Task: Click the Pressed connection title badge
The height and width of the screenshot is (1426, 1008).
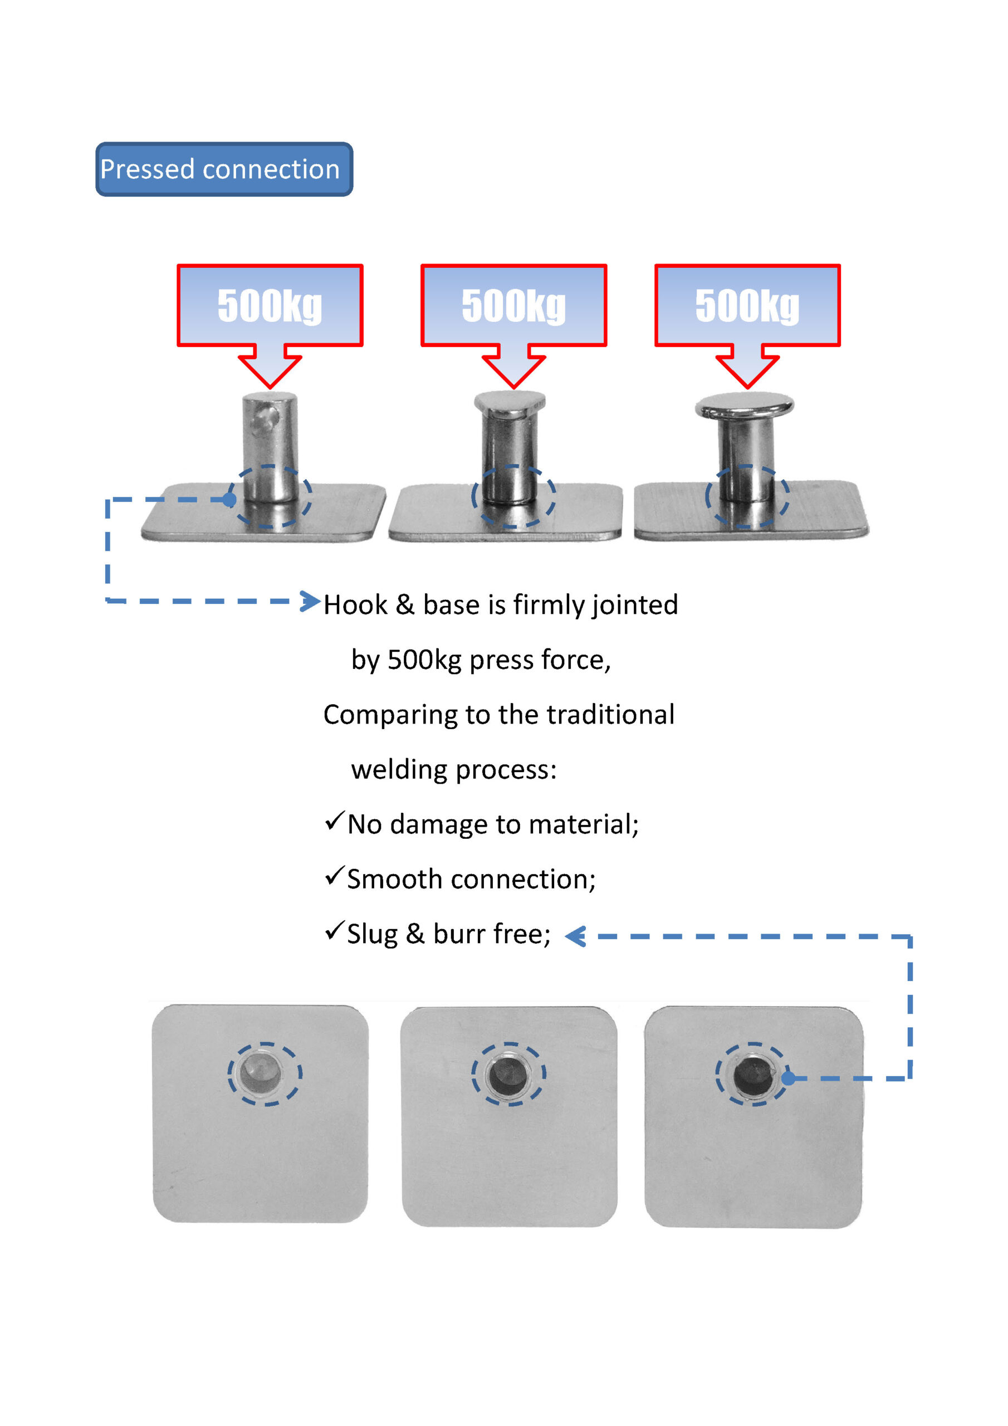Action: (x=224, y=169)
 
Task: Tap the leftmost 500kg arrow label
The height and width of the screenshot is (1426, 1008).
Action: (x=270, y=306)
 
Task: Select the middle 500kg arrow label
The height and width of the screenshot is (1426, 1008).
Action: (x=513, y=306)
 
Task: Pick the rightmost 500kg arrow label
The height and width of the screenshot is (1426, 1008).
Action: (x=747, y=306)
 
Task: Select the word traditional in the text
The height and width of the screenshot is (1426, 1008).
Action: (x=610, y=715)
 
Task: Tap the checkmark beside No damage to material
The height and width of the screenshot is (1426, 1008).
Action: (x=334, y=821)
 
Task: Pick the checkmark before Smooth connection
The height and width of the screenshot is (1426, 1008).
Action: (x=334, y=876)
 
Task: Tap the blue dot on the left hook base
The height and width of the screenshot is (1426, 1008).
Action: (x=230, y=499)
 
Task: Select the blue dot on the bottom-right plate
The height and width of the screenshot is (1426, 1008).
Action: (x=788, y=1078)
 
